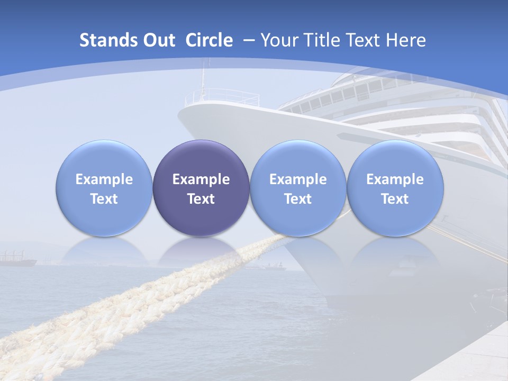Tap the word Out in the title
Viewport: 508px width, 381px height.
pos(157,40)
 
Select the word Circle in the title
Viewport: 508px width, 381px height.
pos(209,40)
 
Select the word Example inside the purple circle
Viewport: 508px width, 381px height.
pos(201,179)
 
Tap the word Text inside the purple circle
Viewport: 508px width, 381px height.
pos(201,199)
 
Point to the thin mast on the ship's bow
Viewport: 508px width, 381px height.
pos(202,79)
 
